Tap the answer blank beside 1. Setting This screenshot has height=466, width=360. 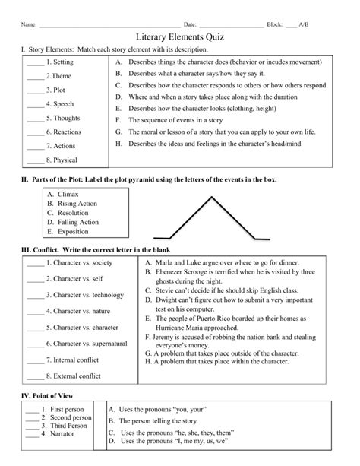click(35, 63)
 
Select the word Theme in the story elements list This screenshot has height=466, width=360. click(62, 76)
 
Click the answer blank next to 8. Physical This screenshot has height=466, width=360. click(35, 161)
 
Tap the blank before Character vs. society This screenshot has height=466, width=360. click(34, 264)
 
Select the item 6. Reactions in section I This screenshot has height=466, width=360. click(64, 132)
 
